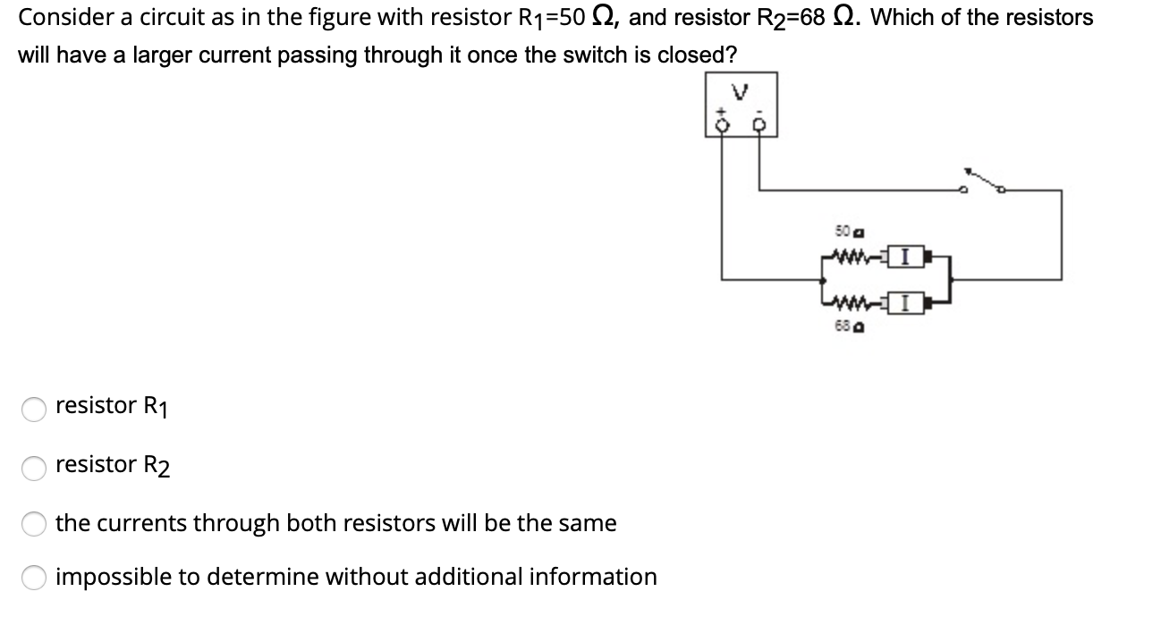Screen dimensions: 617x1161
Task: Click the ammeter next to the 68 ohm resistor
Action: [x=906, y=303]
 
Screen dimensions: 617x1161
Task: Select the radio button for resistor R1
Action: [x=34, y=408]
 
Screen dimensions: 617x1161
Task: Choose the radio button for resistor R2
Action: [x=34, y=466]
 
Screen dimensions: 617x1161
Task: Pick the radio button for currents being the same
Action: [x=34, y=524]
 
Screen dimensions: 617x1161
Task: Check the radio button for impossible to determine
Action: [x=34, y=579]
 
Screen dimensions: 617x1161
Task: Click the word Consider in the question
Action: [x=58, y=17]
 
